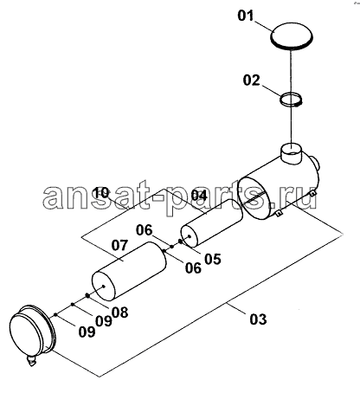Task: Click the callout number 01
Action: pos(246,16)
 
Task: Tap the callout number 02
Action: pos(251,81)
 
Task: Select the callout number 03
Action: pos(258,319)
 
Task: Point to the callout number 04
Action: pos(199,196)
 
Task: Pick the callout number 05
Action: pos(213,259)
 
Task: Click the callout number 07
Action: pos(119,245)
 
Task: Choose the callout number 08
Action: pos(119,312)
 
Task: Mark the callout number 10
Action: pos(102,192)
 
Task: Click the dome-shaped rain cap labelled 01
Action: pos(292,35)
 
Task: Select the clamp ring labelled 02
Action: pos(292,100)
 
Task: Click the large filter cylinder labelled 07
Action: pos(129,270)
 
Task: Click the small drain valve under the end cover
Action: pos(31,361)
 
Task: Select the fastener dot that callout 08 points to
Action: pos(87,295)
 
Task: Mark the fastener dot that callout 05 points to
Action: pos(181,242)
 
